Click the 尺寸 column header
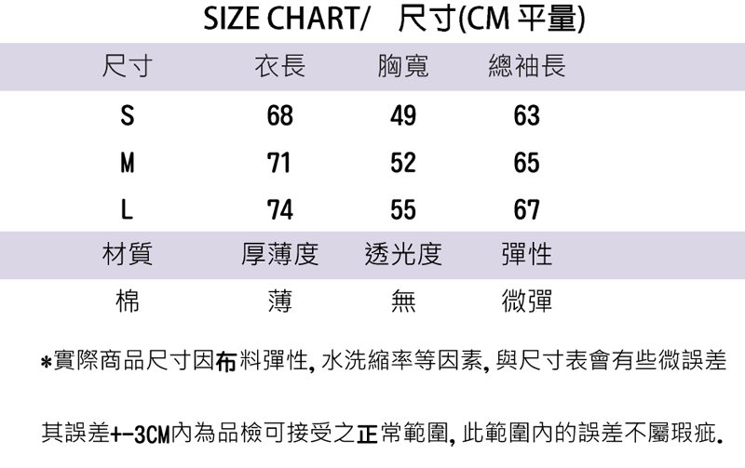(128, 68)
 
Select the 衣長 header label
(279, 68)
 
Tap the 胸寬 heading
(403, 68)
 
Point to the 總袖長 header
(527, 68)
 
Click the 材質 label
(128, 254)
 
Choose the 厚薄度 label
(279, 254)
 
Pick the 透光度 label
(403, 254)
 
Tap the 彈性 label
(527, 254)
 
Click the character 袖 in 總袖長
(527, 68)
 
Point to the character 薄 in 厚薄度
(279, 254)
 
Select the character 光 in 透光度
(403, 254)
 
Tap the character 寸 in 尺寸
(141, 68)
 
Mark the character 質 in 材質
(141, 254)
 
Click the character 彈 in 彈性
(514, 254)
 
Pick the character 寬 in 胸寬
(416, 68)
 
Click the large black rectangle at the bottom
(383, 395)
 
